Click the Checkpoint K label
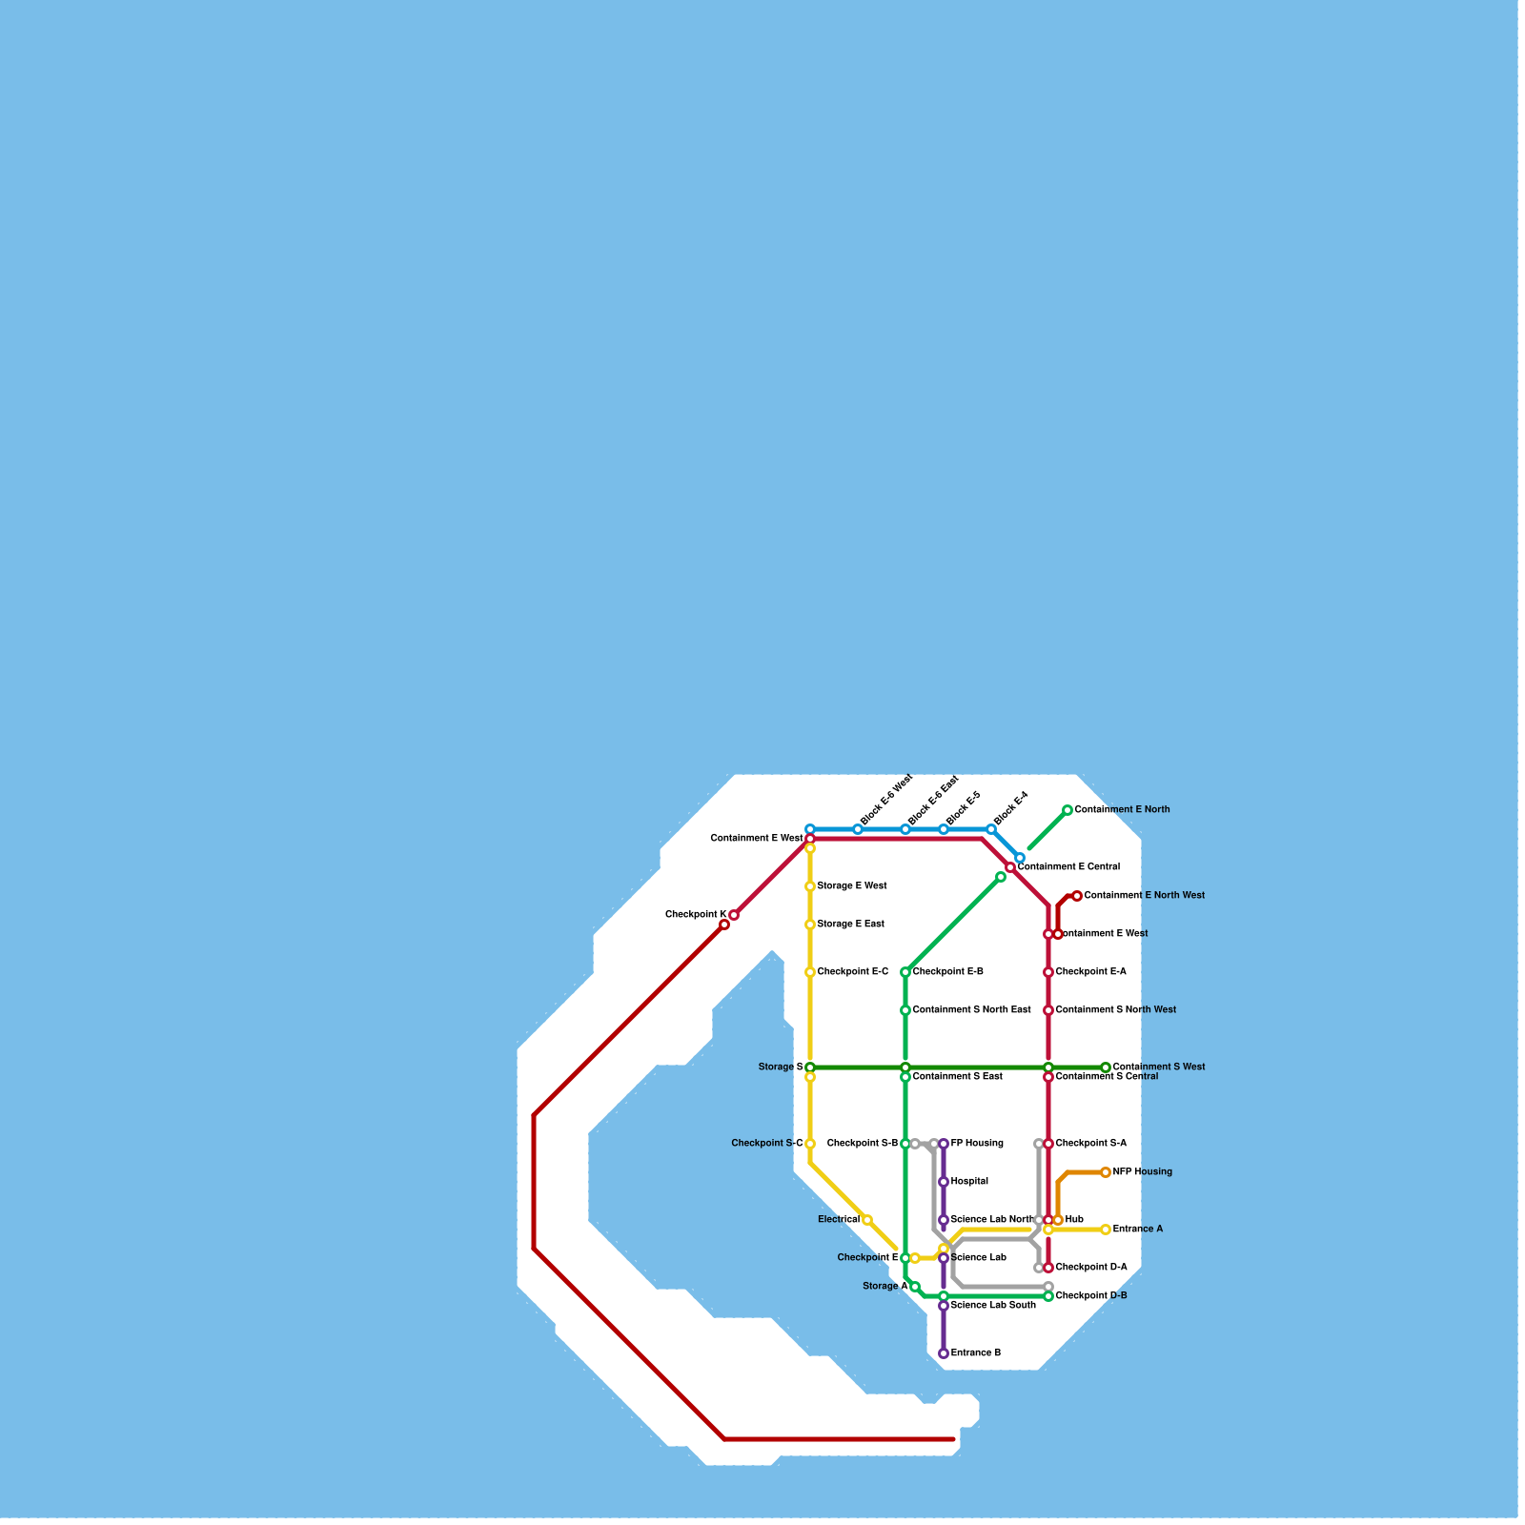(696, 915)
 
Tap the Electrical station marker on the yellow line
(867, 1220)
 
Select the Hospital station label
(969, 1182)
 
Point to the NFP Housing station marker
(1106, 1172)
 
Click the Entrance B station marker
(944, 1353)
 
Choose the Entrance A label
(1138, 1230)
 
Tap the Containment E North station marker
(1067, 810)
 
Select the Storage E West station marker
(810, 886)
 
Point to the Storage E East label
(851, 925)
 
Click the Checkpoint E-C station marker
(810, 972)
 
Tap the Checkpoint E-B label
(948, 972)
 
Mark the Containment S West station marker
(1106, 1067)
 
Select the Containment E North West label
(1145, 896)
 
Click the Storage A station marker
(915, 1287)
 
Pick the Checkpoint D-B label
(1091, 1296)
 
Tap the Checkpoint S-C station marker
(810, 1144)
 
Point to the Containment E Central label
(1068, 867)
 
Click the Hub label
(1074, 1220)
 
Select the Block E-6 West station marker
(858, 829)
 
